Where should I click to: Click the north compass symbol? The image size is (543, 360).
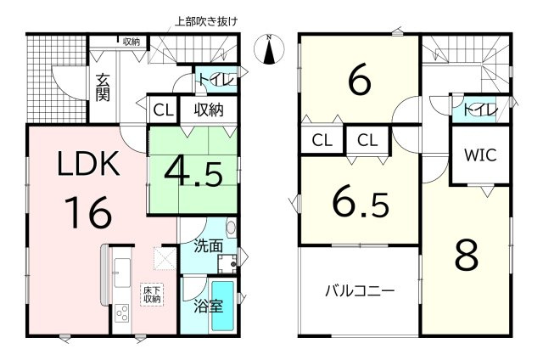point(269,49)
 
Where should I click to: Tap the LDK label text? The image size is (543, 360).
point(88,164)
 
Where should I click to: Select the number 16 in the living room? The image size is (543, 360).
point(88,212)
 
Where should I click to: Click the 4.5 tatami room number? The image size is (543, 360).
point(193,175)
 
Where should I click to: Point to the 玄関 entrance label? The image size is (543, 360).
point(103,87)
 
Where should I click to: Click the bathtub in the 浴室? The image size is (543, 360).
point(223,306)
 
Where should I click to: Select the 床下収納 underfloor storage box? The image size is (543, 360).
point(153,295)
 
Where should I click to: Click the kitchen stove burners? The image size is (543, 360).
point(122,313)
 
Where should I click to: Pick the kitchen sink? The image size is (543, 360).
point(122,273)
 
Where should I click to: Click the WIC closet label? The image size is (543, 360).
point(480,155)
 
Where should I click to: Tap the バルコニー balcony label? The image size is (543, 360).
point(360,291)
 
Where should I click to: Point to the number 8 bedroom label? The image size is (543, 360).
point(467,256)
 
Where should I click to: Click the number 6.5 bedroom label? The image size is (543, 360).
point(361,204)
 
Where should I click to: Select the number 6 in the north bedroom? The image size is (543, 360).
point(360,80)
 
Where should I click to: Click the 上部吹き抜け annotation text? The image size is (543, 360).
point(205,21)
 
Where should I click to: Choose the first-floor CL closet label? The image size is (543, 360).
point(164,110)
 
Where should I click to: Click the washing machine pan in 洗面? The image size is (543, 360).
point(227,264)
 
